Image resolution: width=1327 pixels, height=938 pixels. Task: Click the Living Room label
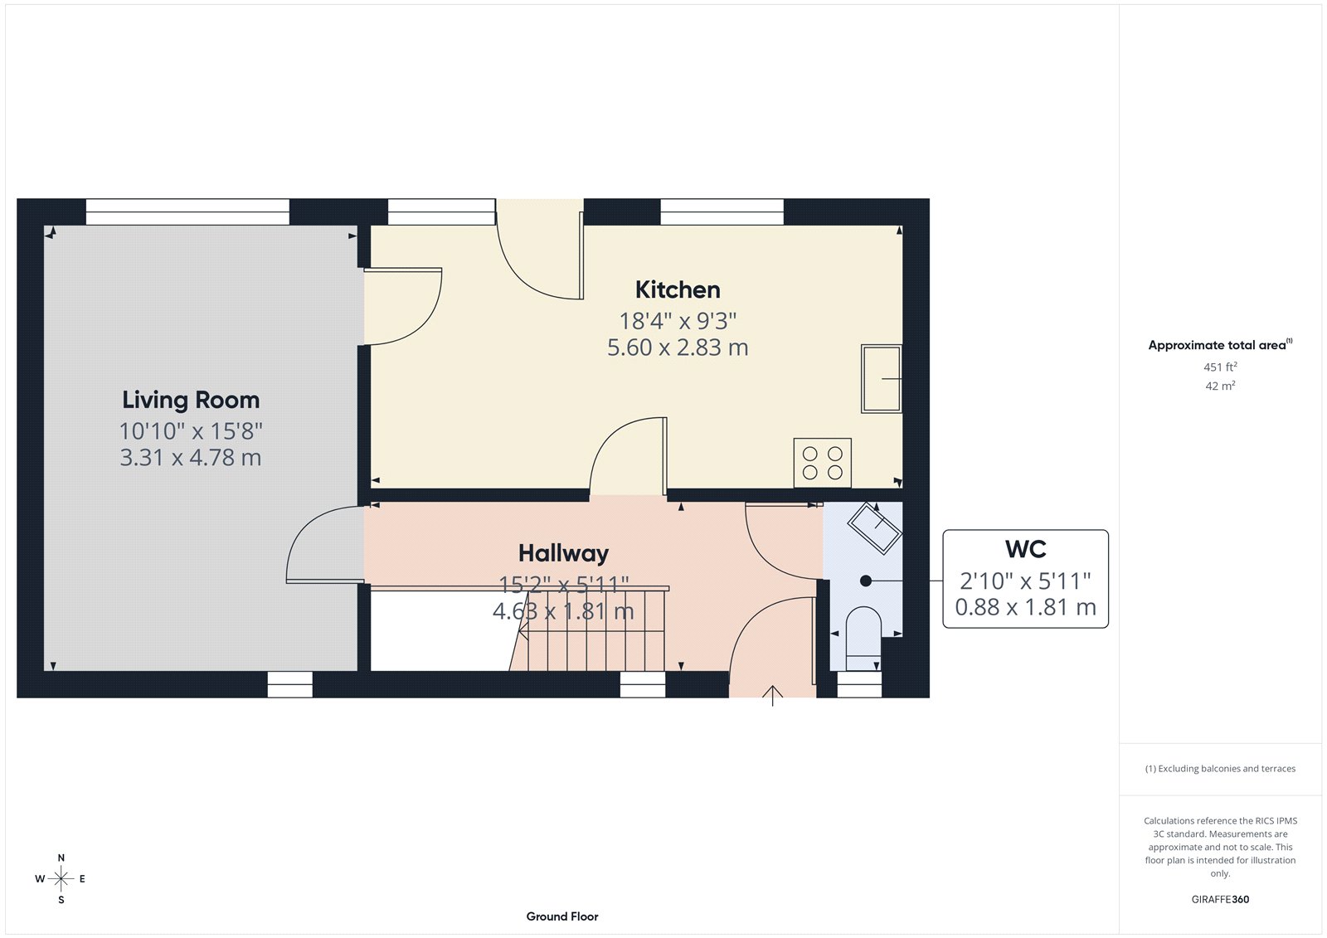[191, 401]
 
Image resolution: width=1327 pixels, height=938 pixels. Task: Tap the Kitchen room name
[678, 290]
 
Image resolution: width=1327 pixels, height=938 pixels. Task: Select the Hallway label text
[563, 553]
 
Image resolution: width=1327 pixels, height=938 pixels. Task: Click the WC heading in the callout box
[1025, 550]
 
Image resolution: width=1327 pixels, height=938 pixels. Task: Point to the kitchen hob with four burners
[822, 463]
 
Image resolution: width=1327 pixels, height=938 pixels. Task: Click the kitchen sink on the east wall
[881, 379]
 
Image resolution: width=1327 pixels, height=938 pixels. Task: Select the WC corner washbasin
[874, 527]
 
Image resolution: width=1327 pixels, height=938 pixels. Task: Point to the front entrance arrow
[773, 695]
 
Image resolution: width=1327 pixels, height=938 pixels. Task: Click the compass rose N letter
[61, 858]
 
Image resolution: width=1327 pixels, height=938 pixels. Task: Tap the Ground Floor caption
[561, 916]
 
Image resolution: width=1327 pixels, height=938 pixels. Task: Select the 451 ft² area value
[1219, 367]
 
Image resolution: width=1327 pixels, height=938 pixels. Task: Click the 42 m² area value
[1219, 386]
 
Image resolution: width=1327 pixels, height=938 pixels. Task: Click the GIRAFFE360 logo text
[1219, 899]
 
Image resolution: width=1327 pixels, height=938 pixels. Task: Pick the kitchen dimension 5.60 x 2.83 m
[678, 347]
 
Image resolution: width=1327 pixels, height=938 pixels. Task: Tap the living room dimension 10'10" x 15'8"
[191, 431]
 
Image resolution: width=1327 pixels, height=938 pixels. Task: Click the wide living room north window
[187, 211]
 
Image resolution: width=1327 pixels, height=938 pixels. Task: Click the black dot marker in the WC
[865, 581]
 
